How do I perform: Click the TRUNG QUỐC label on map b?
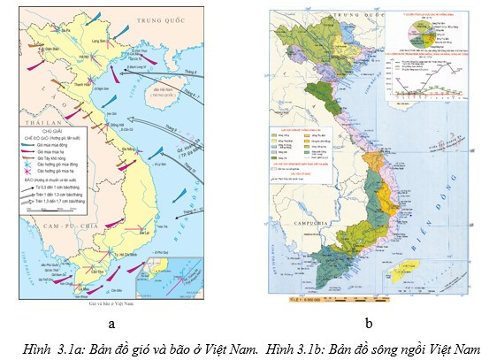[x=336, y=15]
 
